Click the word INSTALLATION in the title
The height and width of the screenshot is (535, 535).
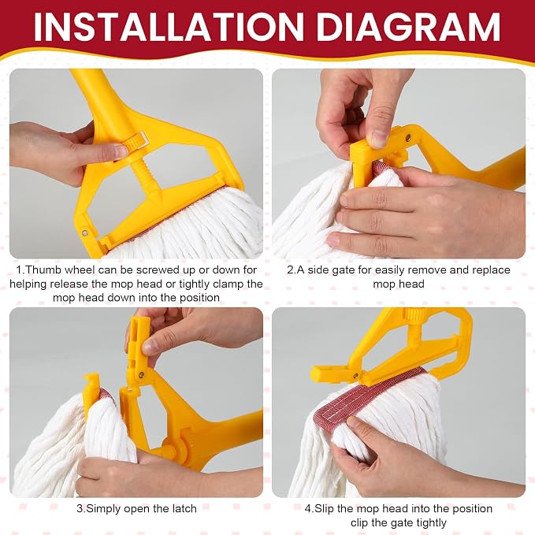coord(169,27)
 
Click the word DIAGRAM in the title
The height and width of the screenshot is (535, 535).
coord(408,27)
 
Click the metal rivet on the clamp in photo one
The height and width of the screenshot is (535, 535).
coord(85,233)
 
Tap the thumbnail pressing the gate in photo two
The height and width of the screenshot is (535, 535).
coord(379,138)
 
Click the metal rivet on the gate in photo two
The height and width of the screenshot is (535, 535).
coord(407,138)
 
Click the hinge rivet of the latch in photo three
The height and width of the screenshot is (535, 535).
coord(141,375)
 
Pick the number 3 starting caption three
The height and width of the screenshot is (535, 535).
coord(80,509)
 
